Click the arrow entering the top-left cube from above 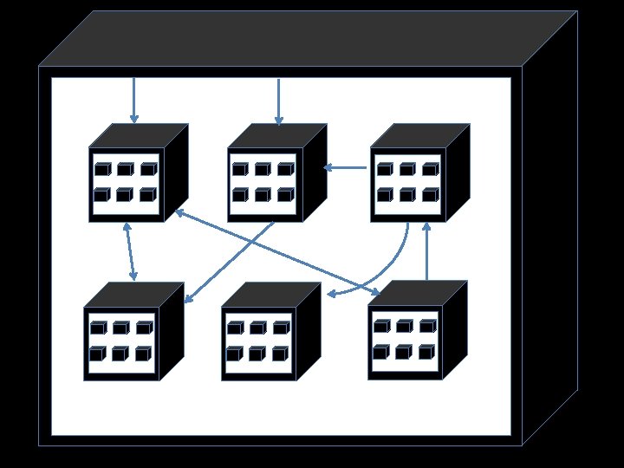[134, 100]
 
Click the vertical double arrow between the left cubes [130, 250]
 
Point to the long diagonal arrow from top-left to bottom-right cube [277, 252]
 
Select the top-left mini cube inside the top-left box [103, 170]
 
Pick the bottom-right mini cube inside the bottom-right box [426, 352]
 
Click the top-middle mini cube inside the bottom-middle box [258, 328]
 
